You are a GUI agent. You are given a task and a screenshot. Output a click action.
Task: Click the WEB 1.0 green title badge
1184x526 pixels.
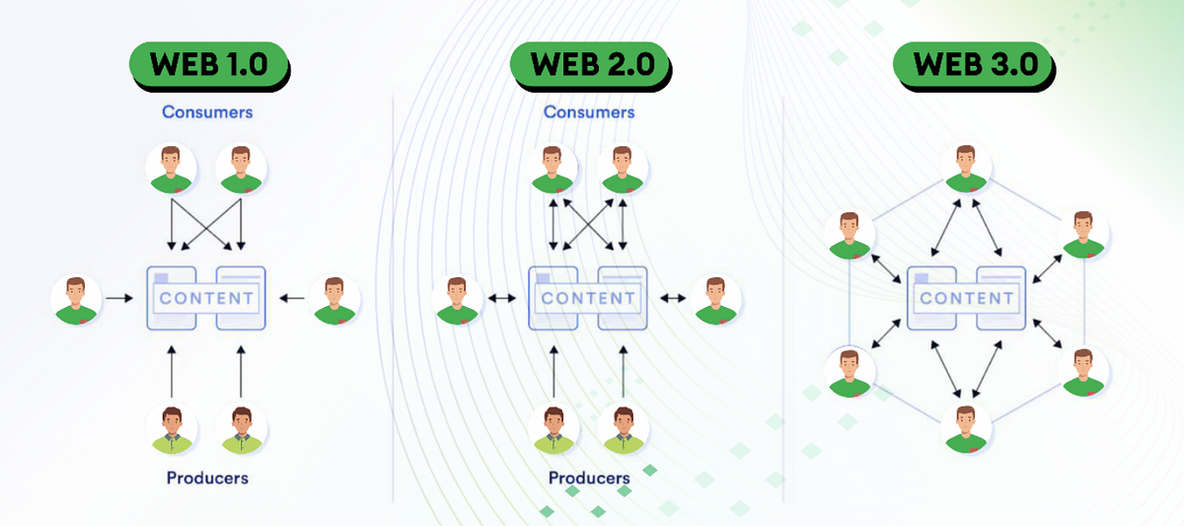pos(208,65)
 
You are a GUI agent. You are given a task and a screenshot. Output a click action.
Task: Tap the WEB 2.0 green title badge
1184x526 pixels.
pos(590,65)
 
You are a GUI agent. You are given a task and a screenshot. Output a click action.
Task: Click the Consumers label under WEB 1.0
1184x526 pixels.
pos(207,112)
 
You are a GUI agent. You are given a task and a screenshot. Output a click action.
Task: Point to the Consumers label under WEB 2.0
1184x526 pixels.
pos(589,112)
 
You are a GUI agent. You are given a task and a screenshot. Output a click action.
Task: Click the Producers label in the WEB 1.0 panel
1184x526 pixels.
pos(207,479)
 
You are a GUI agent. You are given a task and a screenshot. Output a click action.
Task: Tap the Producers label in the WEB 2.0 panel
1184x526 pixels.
pos(589,479)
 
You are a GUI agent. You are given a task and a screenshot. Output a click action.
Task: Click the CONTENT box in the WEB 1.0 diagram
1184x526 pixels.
pos(206,297)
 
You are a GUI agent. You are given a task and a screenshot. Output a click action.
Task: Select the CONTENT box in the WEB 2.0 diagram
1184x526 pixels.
pos(588,297)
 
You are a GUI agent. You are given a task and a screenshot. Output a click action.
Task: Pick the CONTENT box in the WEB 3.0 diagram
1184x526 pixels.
pos(967,297)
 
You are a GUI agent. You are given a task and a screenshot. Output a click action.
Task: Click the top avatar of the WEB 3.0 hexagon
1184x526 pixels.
pos(965,169)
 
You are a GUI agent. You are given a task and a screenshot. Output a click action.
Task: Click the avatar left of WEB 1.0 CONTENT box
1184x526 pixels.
pos(77,300)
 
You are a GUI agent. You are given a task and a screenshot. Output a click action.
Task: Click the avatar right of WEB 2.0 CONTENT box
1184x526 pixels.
pos(716,300)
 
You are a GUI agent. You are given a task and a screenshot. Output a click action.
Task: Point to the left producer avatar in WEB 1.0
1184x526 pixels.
pos(172,429)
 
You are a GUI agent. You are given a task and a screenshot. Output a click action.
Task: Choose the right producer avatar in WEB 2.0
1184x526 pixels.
pos(624,429)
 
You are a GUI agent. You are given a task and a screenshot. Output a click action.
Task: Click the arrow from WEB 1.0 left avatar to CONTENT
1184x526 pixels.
pos(118,297)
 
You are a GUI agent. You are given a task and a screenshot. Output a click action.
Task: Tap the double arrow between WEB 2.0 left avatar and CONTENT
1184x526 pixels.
pos(501,297)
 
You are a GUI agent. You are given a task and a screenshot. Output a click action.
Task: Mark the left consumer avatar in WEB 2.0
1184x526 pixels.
pos(554,169)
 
